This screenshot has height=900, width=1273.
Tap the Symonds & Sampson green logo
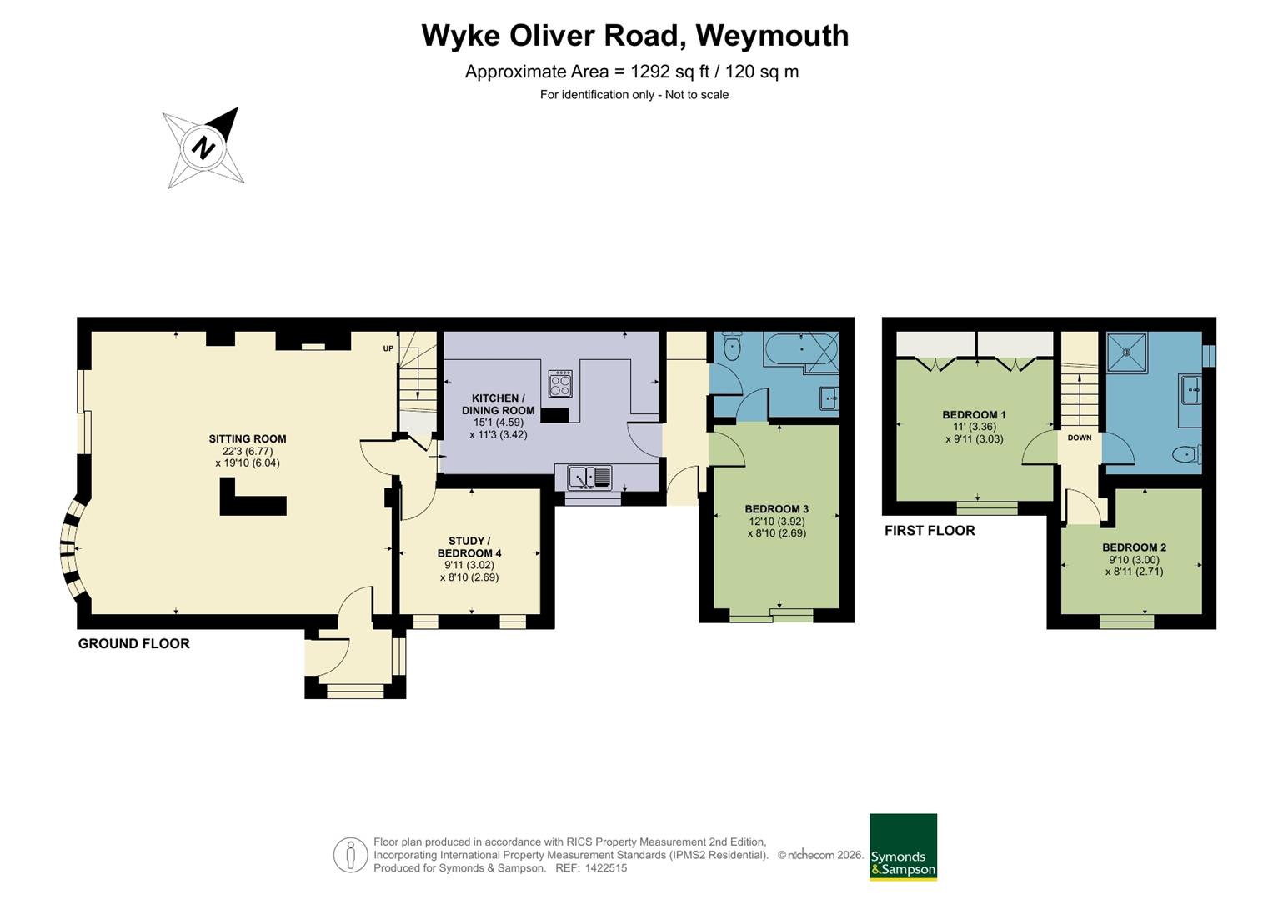(903, 847)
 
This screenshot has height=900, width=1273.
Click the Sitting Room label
(248, 438)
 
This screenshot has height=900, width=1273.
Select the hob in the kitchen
(560, 383)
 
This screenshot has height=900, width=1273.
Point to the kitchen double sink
(590, 477)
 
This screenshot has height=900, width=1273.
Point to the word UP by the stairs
(388, 348)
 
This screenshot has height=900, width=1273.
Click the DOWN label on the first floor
(1080, 437)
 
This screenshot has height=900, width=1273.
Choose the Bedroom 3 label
(777, 509)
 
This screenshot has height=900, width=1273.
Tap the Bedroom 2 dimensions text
(1135, 566)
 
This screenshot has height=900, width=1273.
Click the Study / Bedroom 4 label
(469, 547)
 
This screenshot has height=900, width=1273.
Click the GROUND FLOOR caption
(133, 643)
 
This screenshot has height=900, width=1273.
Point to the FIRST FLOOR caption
(930, 531)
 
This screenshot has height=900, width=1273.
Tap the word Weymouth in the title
(772, 37)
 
